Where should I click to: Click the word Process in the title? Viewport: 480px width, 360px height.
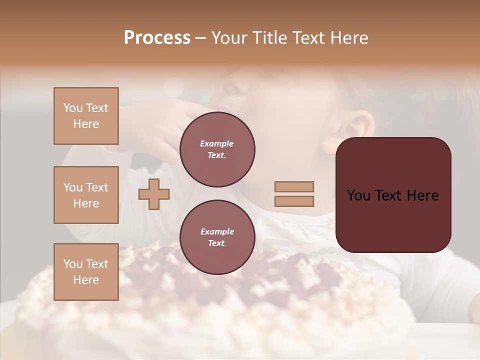(x=157, y=38)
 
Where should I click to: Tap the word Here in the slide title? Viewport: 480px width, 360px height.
(x=347, y=38)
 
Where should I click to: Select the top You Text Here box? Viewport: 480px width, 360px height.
(x=86, y=116)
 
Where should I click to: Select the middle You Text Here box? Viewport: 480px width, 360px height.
(x=86, y=195)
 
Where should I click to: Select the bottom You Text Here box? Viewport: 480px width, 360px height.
(x=86, y=272)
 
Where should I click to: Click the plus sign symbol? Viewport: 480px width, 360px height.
(x=154, y=194)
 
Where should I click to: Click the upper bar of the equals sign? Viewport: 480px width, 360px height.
(x=294, y=186)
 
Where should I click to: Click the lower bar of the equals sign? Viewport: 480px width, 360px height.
(x=294, y=201)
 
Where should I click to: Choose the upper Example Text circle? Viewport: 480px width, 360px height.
(x=217, y=149)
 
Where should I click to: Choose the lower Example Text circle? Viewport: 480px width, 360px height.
(x=217, y=237)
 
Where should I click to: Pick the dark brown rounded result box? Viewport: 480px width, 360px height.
(x=393, y=195)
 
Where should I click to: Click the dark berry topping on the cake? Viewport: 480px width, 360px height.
(x=300, y=270)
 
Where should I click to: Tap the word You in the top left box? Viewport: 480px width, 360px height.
(x=73, y=108)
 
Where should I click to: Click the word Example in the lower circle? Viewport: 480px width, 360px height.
(x=217, y=231)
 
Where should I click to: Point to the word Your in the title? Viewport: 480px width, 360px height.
(x=230, y=38)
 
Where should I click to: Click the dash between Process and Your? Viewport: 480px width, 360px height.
(x=201, y=38)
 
